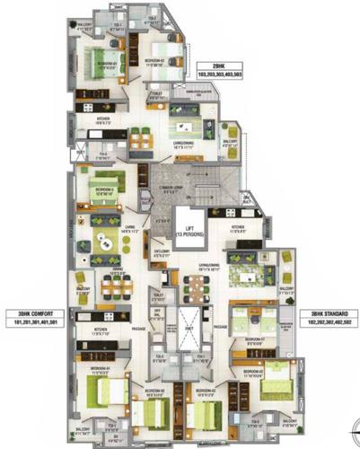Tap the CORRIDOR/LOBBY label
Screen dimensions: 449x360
click(172, 187)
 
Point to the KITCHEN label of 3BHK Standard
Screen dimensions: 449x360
click(238, 228)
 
